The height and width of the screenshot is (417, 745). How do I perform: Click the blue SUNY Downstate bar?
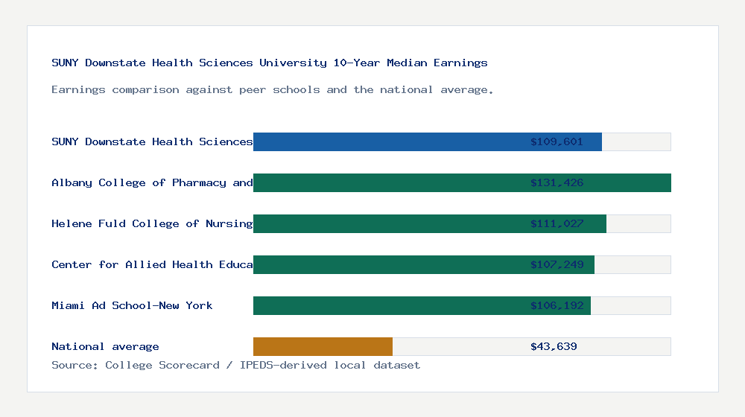click(427, 141)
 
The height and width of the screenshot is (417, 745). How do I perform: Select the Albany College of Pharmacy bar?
click(462, 182)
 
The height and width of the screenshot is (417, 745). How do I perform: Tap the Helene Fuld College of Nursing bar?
click(429, 223)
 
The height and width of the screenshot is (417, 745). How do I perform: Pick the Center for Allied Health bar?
click(423, 264)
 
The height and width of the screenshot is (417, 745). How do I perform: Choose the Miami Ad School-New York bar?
click(422, 305)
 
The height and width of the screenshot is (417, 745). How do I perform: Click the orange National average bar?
click(323, 346)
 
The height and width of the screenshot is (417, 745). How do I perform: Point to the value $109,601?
click(557, 141)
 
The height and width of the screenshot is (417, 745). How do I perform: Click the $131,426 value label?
click(557, 182)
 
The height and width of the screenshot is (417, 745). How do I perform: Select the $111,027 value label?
click(557, 223)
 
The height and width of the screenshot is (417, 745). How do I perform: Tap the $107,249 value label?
click(557, 264)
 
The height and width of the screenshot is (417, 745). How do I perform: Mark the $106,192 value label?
click(557, 305)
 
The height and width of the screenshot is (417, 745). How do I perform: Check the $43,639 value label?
click(554, 346)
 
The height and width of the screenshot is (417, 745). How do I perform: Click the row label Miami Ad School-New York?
click(132, 305)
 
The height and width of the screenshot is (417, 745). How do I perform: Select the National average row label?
click(105, 346)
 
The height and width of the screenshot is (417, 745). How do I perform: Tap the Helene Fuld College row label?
click(152, 223)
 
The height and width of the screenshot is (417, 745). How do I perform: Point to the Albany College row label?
click(152, 182)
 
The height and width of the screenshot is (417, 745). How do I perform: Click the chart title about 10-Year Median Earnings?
click(270, 63)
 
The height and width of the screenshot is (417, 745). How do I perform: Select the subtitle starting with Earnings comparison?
click(273, 89)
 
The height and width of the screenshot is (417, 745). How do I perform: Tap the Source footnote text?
click(235, 365)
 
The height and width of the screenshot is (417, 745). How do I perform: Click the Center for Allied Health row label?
click(152, 264)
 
